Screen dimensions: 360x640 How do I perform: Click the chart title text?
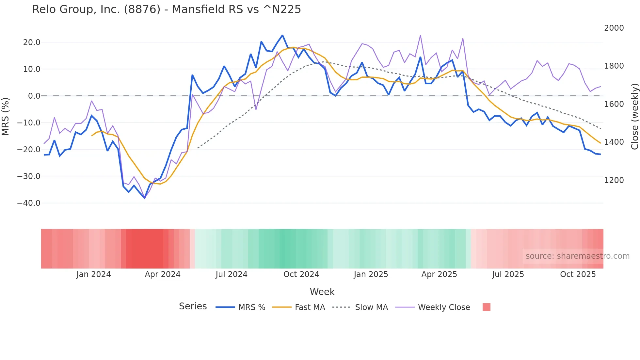click(167, 9)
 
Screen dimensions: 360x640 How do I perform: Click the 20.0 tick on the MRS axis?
click(32, 42)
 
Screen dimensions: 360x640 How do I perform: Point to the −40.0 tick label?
click(29, 203)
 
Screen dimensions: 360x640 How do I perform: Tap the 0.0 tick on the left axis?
click(34, 96)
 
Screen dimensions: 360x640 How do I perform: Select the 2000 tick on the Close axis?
click(614, 28)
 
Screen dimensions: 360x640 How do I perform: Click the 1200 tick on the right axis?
click(614, 180)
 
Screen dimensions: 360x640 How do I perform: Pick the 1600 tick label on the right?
click(614, 104)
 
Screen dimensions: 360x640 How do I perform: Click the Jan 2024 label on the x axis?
click(94, 274)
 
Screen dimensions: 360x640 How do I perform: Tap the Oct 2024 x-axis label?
click(301, 274)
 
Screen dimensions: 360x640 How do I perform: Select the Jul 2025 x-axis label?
click(508, 274)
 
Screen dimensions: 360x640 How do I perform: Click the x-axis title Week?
click(322, 292)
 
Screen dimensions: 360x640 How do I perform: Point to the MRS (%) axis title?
click(5, 116)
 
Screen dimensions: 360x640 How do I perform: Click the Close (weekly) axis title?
click(634, 116)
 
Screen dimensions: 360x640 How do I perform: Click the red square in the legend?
click(486, 307)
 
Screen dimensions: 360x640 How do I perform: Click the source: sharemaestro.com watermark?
click(577, 256)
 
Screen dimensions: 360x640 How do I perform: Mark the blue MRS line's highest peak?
click(282, 35)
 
